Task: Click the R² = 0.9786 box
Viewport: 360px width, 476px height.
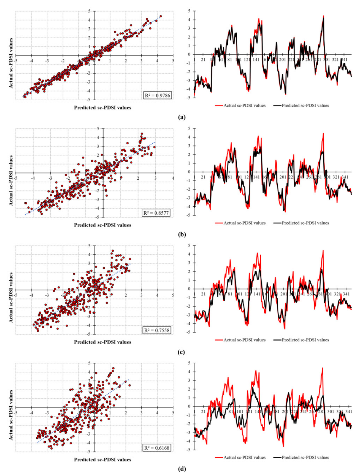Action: click(157, 96)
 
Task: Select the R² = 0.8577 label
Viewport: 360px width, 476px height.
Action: click(156, 213)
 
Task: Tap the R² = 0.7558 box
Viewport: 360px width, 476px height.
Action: click(157, 330)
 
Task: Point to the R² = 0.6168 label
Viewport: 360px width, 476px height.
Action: click(157, 448)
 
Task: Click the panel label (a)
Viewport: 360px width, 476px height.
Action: click(182, 117)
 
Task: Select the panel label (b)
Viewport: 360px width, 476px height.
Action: click(182, 234)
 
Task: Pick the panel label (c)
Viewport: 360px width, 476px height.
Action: click(182, 352)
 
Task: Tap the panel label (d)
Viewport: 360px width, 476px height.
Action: click(182, 469)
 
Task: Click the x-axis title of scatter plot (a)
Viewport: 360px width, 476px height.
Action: click(103, 108)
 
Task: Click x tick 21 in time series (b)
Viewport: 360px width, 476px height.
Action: click(203, 177)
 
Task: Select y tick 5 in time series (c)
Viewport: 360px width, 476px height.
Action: click(189, 246)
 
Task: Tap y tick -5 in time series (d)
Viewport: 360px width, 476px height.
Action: click(189, 450)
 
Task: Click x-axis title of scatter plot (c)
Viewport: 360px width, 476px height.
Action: click(103, 342)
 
